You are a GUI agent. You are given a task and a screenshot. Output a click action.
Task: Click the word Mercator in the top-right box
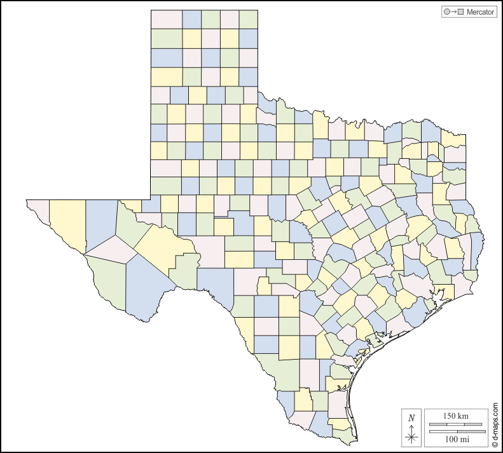pos(480,12)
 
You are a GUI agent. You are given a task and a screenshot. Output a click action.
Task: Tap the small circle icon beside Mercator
pos(446,12)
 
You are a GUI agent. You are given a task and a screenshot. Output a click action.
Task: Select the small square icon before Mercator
pos(461,12)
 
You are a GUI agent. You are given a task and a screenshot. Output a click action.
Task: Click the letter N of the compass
pos(411,417)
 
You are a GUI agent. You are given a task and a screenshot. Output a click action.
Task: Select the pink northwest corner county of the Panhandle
pos(167,19)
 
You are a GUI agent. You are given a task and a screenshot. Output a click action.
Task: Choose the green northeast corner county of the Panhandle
pos(249,19)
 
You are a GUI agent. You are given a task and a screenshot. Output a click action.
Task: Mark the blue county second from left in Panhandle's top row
pos(192,19)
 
